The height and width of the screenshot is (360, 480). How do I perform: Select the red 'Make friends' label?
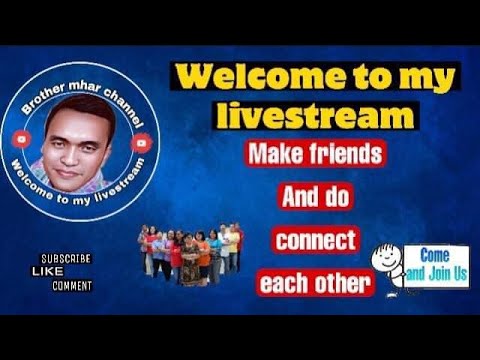[x=315, y=155]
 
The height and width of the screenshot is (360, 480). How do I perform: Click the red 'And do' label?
[x=315, y=197]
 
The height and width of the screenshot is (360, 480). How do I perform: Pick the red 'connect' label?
[x=315, y=241]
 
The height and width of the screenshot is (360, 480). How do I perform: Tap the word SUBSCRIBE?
[x=66, y=258]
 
